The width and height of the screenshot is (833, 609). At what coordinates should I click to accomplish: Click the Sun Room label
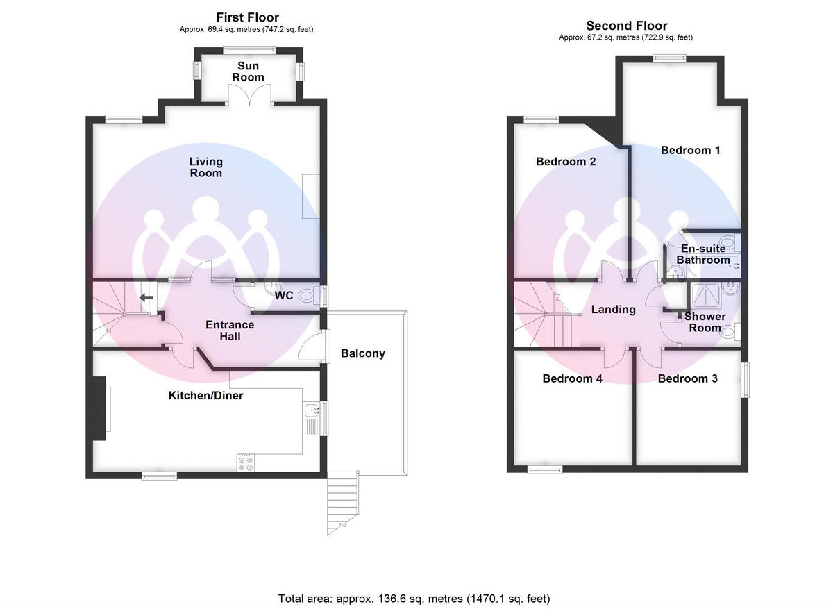click(x=249, y=72)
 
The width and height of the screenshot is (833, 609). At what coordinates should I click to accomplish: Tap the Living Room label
click(x=206, y=167)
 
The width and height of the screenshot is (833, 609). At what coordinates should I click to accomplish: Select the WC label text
click(x=284, y=296)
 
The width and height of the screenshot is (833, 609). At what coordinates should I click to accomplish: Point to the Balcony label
click(x=362, y=353)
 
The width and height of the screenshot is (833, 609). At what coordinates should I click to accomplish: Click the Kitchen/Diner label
click(x=205, y=396)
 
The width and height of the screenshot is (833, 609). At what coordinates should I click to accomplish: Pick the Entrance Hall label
click(x=230, y=331)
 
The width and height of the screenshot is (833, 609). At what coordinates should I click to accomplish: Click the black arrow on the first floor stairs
click(x=146, y=298)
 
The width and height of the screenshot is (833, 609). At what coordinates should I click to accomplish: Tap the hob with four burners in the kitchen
click(x=246, y=463)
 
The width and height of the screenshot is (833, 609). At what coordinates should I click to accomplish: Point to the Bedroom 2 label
click(x=566, y=162)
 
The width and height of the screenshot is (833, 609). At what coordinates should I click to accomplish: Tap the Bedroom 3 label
click(x=687, y=379)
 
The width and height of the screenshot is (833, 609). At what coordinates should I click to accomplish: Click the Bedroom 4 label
click(x=572, y=379)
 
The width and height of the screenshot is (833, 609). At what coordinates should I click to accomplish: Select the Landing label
click(x=613, y=310)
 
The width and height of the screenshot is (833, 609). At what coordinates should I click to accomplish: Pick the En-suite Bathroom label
click(x=703, y=254)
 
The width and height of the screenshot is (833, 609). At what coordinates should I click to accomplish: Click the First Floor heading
click(x=249, y=17)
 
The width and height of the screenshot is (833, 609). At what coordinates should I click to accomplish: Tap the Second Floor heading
click(x=626, y=26)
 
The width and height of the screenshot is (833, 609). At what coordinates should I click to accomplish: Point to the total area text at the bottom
click(x=414, y=598)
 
